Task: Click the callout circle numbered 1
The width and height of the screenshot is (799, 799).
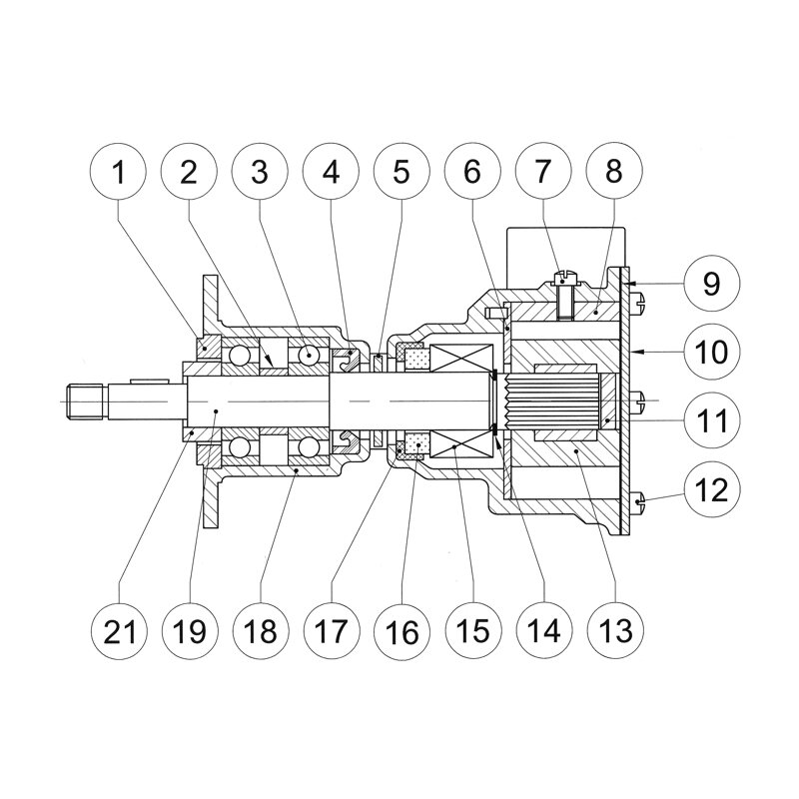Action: (x=120, y=172)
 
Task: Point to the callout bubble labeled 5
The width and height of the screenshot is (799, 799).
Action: (x=401, y=172)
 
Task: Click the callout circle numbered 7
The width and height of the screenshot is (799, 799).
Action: (x=542, y=172)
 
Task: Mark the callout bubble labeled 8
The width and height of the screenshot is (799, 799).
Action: (x=613, y=172)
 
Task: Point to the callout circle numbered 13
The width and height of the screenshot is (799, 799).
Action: (x=613, y=630)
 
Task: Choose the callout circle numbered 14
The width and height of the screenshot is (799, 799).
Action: (x=542, y=630)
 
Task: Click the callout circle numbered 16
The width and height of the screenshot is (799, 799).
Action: (x=401, y=630)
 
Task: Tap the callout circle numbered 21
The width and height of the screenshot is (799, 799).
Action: (x=120, y=630)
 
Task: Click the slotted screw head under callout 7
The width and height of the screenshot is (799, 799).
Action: (x=566, y=269)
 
